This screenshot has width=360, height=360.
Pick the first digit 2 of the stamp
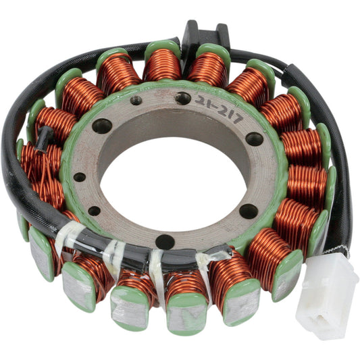[x=200, y=100]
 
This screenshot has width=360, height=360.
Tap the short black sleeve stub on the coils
[x=46, y=138]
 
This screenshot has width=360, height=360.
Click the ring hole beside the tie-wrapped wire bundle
[x=164, y=241]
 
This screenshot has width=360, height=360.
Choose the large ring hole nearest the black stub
[x=102, y=126]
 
